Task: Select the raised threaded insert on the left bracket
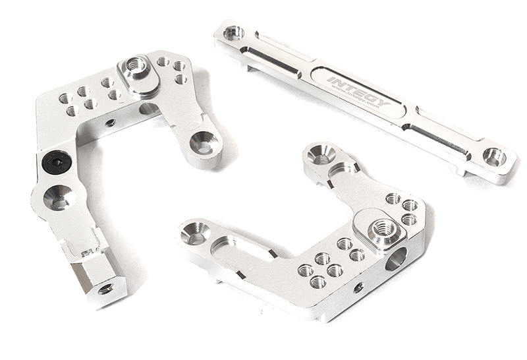coord(136,66)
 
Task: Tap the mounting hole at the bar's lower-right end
coord(493,157)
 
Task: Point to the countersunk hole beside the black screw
coord(58,196)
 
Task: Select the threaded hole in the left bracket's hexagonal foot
coord(106,288)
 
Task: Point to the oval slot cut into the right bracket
coord(244,247)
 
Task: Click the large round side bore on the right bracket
coord(397,260)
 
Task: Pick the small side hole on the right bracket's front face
coord(358,287)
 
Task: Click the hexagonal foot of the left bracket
coord(99,276)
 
